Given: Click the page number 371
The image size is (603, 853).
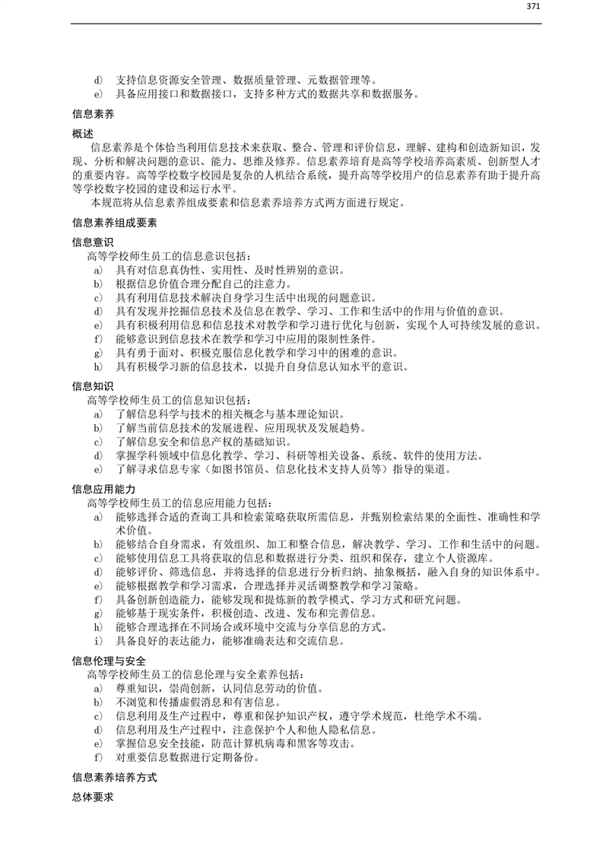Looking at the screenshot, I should (x=532, y=7).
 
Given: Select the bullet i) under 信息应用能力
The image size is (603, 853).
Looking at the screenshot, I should (x=97, y=641).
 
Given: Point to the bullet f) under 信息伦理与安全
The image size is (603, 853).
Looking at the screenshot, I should (x=97, y=758).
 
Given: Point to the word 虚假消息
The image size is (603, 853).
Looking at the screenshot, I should (x=198, y=702).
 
